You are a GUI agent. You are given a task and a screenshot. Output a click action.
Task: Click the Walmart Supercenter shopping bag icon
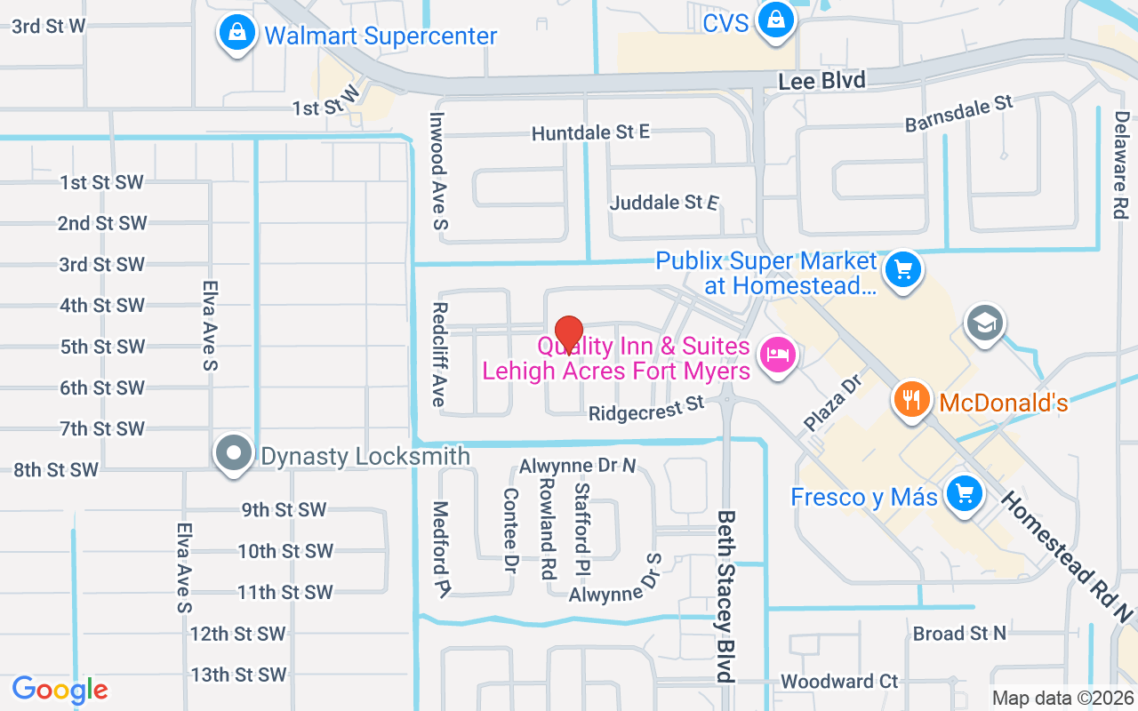[x=236, y=33]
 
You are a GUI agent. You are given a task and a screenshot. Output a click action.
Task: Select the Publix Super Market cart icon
[x=904, y=268]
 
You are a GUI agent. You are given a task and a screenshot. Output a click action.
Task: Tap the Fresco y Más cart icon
[x=963, y=491]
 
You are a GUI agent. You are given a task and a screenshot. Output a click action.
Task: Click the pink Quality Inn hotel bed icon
[x=779, y=355]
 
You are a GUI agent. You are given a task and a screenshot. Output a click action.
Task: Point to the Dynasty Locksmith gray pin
[x=234, y=453]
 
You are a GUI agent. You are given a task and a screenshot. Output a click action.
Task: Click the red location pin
[x=568, y=334]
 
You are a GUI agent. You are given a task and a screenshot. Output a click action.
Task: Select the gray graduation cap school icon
[x=984, y=322]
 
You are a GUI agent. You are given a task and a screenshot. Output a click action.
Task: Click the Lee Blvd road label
[x=821, y=81]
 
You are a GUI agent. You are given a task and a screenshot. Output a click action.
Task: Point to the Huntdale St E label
[x=590, y=132]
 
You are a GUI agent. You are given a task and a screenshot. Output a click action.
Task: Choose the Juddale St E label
[x=664, y=203]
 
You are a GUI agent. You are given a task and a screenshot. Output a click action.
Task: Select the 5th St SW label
[x=102, y=347]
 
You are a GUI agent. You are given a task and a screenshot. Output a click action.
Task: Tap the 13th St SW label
[x=238, y=675]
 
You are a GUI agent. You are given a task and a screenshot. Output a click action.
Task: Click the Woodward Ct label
[x=839, y=682]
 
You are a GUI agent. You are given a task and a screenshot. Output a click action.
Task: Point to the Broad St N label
[x=959, y=633]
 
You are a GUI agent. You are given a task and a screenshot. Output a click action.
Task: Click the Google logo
[x=60, y=690]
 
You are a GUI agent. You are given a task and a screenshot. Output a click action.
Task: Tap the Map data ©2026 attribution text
[x=1063, y=699]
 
